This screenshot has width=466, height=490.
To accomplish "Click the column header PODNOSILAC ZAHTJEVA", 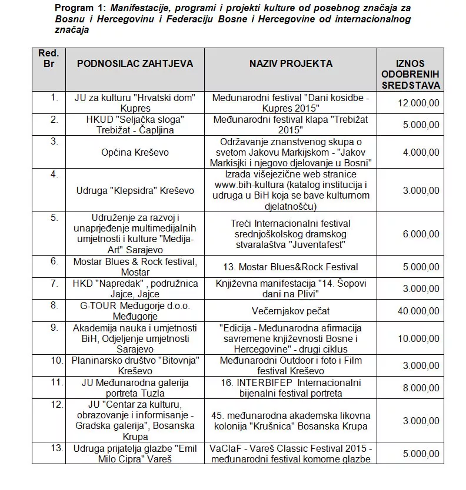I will pos(135,63).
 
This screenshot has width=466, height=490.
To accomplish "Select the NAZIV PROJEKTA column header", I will pos(290,63).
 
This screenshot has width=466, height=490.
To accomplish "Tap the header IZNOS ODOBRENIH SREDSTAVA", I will pos(411,74).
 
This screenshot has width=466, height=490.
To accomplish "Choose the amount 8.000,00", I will pos(420,388).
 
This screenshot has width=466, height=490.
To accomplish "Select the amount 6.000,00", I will pos(420,234).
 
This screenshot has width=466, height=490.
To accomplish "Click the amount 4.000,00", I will pos(420,152).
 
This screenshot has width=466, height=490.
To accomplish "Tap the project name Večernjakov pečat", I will pos(291,311).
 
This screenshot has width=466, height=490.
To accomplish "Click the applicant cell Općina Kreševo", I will pos(135,152).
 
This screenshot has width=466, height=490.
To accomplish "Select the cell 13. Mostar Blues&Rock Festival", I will pos(291,267).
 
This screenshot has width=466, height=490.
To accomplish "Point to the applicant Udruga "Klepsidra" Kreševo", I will pos(135,190).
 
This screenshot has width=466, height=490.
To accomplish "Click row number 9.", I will pos(54,327).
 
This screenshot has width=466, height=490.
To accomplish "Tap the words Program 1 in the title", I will pos(76,8).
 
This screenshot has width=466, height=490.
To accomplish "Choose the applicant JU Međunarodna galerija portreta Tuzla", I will pos(135,388).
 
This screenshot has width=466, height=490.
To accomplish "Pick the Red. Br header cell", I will pos(49,58).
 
